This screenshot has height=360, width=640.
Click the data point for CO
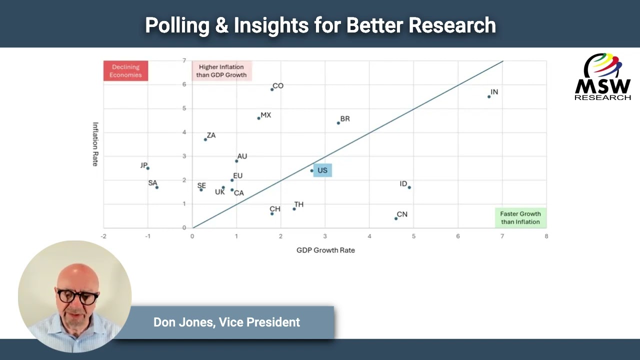(272, 89)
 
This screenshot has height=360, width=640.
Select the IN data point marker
(489, 96)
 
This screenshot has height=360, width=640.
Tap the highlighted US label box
(322, 170)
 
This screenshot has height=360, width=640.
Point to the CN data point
(396, 218)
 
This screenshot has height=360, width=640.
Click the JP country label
(144, 165)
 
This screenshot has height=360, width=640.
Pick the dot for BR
(338, 123)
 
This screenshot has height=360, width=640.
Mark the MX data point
(258, 118)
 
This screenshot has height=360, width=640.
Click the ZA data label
(211, 135)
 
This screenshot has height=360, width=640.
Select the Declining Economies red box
(126, 71)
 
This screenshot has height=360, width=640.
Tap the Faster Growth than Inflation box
(520, 218)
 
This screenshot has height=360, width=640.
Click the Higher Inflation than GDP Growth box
(221, 71)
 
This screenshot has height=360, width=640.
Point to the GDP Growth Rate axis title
(325, 250)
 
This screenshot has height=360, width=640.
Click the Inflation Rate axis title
(95, 144)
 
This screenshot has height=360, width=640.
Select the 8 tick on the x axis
(546, 236)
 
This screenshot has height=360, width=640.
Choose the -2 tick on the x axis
(103, 236)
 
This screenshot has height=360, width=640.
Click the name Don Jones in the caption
(182, 322)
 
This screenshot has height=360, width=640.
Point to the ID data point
(409, 187)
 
